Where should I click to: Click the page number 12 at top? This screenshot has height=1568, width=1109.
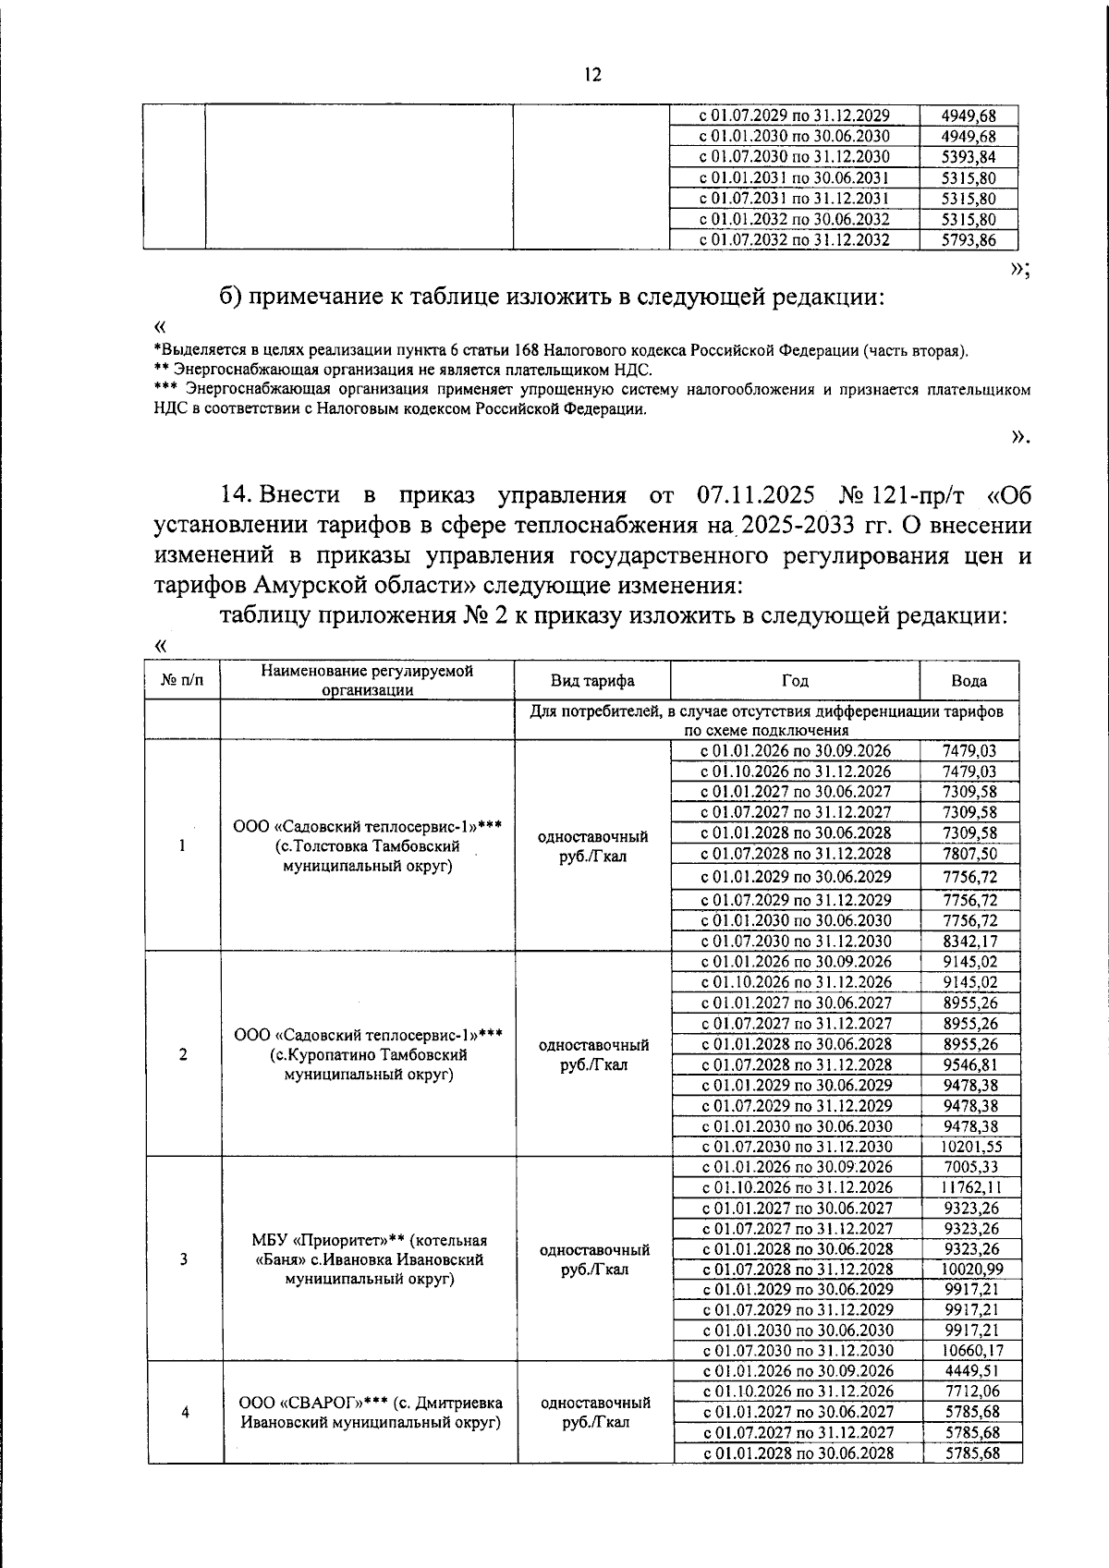[x=592, y=75]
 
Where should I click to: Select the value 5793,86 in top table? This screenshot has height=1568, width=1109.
[x=969, y=240]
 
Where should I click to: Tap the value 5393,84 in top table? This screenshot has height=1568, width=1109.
[x=969, y=157]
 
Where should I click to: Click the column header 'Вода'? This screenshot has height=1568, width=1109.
[x=969, y=681]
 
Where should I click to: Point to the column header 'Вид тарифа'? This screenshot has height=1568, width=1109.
[x=592, y=681]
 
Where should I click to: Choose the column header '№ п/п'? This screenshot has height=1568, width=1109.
[x=182, y=681]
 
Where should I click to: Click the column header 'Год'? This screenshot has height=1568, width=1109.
[x=795, y=681]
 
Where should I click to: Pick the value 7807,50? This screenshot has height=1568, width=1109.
[x=970, y=854]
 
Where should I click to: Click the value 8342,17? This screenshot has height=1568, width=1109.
[x=970, y=941]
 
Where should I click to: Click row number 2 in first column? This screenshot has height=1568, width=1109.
[x=183, y=1054]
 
